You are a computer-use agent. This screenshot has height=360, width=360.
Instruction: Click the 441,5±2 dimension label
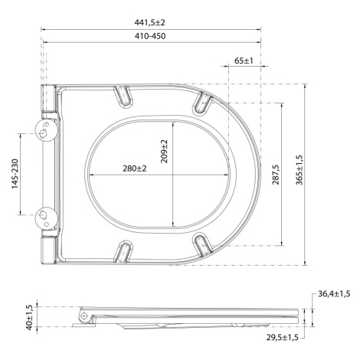[x=150, y=22]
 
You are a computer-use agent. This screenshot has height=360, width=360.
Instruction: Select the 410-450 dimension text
[x=150, y=36]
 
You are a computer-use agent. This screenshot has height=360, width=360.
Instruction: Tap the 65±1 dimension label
[x=244, y=61]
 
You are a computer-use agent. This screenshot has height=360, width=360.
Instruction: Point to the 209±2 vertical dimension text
[x=164, y=151]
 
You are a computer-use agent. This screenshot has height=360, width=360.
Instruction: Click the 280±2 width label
[x=135, y=169]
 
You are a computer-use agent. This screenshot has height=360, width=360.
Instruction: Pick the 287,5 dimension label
[x=276, y=175]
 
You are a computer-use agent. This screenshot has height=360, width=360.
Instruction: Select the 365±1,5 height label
[x=299, y=170]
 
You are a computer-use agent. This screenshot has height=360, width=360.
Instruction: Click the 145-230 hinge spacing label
[x=15, y=174]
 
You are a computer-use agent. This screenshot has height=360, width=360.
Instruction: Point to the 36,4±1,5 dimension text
[x=334, y=294]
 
